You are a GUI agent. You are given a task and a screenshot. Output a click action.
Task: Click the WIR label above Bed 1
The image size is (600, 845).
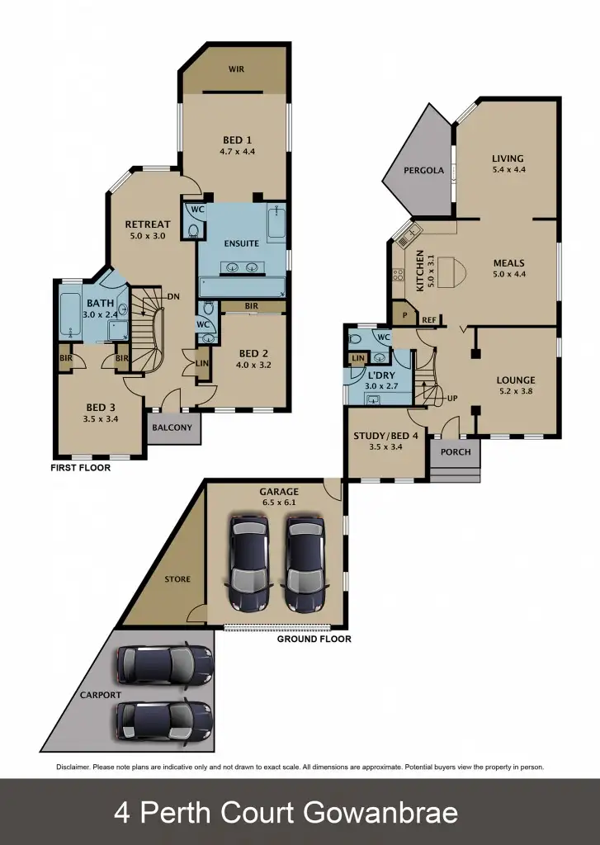tap(236, 69)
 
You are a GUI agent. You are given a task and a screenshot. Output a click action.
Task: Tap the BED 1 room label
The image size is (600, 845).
tap(236, 139)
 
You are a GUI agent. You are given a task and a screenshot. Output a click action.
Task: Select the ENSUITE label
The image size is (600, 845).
tap(241, 243)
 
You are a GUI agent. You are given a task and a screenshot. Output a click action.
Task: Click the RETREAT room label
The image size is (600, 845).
tap(147, 224)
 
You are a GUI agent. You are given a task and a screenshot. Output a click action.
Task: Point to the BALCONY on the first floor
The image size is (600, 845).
tap(172, 427)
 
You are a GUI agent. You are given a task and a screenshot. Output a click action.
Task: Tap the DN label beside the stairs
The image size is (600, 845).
tap(173, 296)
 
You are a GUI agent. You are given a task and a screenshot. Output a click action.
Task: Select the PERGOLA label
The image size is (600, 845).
tap(423, 171)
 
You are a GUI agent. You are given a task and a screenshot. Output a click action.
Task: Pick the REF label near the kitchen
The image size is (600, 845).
tap(428, 320)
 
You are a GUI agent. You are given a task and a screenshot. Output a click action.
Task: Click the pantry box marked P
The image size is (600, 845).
tap(405, 315)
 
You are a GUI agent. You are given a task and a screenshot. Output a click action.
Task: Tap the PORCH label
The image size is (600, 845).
tap(456, 451)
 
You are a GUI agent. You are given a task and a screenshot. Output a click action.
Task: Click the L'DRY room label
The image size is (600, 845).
tap(380, 375)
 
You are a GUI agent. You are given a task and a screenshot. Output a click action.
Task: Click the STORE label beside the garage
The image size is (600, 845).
tap(177, 579)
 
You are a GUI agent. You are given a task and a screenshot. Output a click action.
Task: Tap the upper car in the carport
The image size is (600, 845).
tap(164, 664)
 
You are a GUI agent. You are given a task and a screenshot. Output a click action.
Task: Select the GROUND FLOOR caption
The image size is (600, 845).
tap(314, 639)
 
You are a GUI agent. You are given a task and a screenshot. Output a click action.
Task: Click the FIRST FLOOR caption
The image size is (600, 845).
tap(81, 467)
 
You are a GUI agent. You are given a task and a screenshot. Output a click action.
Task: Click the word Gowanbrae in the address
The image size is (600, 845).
tap(380, 813)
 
